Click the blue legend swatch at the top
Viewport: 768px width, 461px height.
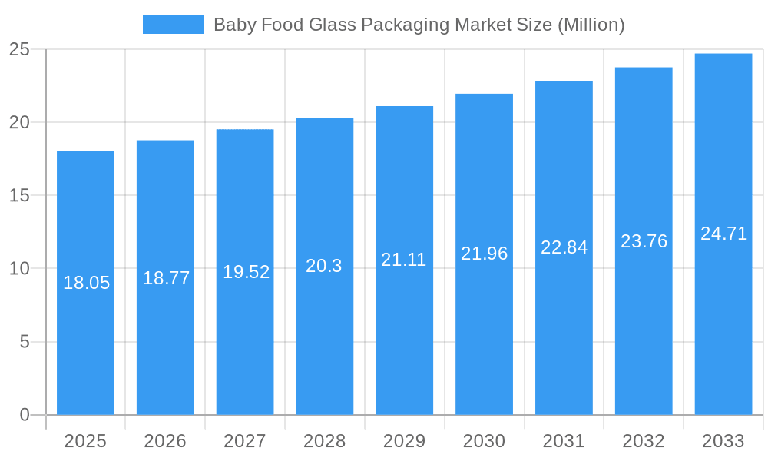pyautogui.click(x=173, y=25)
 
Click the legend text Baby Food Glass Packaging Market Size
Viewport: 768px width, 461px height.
pyautogui.click(x=419, y=25)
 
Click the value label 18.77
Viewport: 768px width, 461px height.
pyautogui.click(x=166, y=278)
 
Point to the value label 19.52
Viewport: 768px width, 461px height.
pyautogui.click(x=246, y=272)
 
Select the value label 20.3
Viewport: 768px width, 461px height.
pyautogui.click(x=324, y=266)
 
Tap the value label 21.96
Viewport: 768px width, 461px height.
pyautogui.click(x=484, y=254)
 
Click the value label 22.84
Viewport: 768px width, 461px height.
pyautogui.click(x=564, y=247)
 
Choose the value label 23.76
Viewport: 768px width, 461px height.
pyautogui.click(x=644, y=241)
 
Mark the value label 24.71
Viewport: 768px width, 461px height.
pyautogui.click(x=723, y=234)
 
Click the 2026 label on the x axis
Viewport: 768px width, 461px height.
pyautogui.click(x=165, y=441)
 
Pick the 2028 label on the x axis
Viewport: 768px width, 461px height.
pyautogui.click(x=324, y=441)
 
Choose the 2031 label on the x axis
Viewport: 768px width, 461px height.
pyautogui.click(x=564, y=441)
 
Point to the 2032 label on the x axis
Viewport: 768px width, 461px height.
pyautogui.click(x=644, y=441)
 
